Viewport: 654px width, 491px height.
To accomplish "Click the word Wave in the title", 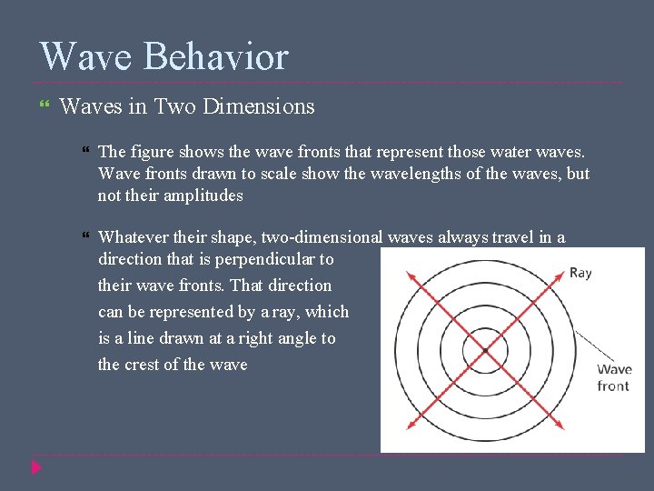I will coord(86,56).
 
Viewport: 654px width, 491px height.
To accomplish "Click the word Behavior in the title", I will coord(215,56).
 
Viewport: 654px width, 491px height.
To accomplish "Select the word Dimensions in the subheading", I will coord(259,106).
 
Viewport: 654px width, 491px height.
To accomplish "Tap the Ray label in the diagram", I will coord(580,273).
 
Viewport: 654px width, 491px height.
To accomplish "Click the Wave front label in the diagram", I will coord(614,377).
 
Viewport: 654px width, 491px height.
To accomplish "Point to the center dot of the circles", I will coord(485,350).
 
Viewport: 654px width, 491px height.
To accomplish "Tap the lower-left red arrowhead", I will coord(408,426).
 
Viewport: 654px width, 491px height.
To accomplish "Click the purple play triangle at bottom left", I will coord(36,468).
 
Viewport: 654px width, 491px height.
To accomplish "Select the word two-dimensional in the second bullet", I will coord(322,237).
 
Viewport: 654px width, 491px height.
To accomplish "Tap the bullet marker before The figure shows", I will coord(85,152).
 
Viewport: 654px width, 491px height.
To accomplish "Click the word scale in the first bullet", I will coord(256,174).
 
